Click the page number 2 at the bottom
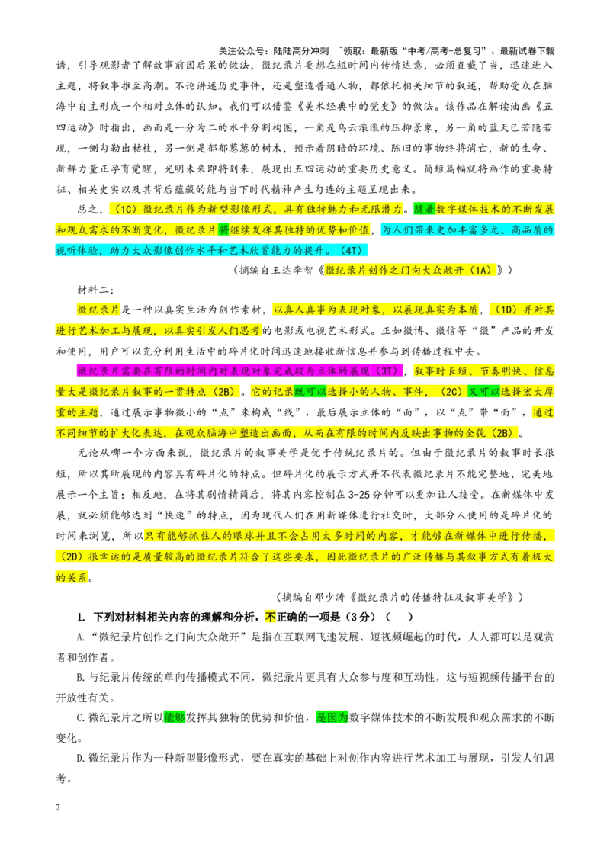pyautogui.click(x=59, y=807)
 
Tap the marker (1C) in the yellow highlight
pyautogui.click(x=126, y=209)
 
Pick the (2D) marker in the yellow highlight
pyautogui.click(x=70, y=557)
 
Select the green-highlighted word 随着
pyautogui.click(x=425, y=209)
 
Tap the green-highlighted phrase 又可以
pyautogui.click(x=484, y=391)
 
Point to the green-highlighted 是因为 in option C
pyautogui.click(x=332, y=717)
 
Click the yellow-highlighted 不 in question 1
pyautogui.click(x=271, y=617)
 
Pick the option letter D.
pyautogui.click(x=80, y=759)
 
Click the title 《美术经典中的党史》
pyautogui.click(x=345, y=107)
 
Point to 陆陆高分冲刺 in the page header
pyautogui.click(x=301, y=51)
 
